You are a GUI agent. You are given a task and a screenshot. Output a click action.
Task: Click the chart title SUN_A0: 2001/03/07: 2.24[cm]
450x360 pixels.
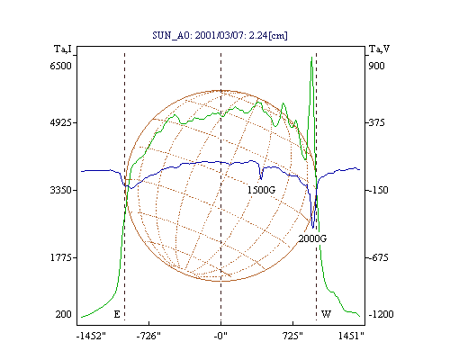[x=220, y=35]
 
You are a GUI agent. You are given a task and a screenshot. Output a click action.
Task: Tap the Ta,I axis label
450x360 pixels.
[x=63, y=49]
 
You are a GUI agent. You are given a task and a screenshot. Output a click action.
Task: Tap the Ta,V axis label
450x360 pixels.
[x=379, y=49]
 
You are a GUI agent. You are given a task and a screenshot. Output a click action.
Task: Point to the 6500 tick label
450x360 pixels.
[x=60, y=66]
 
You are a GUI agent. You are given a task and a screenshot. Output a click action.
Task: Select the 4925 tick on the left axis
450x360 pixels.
[x=60, y=122]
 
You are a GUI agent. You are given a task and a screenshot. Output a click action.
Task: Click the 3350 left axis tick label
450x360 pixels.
[x=60, y=190]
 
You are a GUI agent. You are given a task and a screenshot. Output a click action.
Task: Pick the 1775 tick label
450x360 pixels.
[x=60, y=257]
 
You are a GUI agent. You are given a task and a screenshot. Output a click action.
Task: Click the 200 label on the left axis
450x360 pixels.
[x=63, y=314]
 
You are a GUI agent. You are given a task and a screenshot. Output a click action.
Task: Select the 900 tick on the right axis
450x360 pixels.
[x=376, y=66]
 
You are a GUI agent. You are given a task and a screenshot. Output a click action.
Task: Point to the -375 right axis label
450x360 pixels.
[x=377, y=122]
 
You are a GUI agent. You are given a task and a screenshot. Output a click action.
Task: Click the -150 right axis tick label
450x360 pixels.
[x=378, y=190]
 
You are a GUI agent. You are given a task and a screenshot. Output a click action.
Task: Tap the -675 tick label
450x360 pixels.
[x=378, y=257]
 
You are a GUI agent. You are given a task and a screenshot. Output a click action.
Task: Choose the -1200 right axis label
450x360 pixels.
[x=381, y=314]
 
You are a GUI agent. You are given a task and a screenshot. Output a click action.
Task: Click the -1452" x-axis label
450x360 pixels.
[x=91, y=336]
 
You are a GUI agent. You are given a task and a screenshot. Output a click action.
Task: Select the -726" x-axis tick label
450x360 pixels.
[x=148, y=336]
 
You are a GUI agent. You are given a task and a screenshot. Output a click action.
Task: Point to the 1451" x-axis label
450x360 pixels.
[x=351, y=336]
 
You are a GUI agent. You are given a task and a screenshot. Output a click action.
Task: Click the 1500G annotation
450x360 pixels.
[x=261, y=190]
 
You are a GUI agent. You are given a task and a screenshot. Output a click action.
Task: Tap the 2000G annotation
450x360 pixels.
[x=312, y=238]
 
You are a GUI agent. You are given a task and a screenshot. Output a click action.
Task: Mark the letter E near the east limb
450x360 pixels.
[x=117, y=314]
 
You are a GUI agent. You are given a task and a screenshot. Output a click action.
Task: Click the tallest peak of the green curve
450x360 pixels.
[x=311, y=57]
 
